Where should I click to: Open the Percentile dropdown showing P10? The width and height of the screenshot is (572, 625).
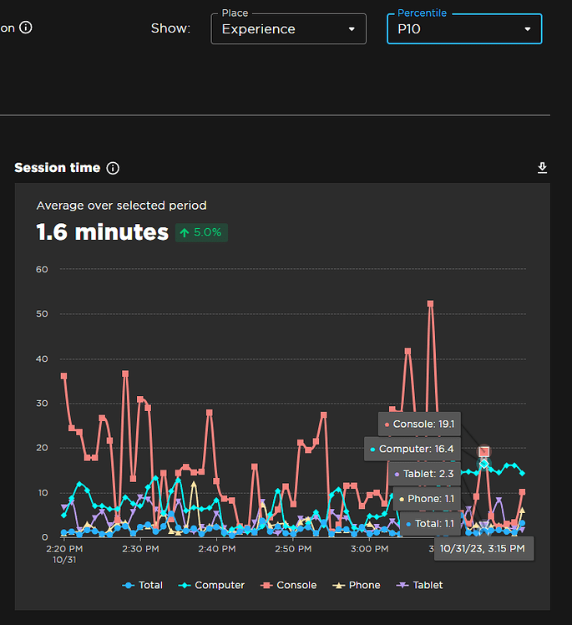[x=463, y=29]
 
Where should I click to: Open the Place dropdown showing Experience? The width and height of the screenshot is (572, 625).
[x=288, y=29]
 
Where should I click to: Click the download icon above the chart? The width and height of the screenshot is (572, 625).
[x=542, y=168]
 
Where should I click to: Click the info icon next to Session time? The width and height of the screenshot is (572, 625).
[x=114, y=168]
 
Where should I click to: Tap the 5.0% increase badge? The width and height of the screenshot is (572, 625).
[x=201, y=232]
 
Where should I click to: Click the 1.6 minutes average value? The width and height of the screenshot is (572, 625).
[x=102, y=231]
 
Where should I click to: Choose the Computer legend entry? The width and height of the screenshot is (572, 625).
[x=213, y=585]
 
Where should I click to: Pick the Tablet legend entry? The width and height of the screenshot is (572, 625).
[x=421, y=585]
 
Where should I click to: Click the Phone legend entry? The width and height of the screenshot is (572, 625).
[x=357, y=585]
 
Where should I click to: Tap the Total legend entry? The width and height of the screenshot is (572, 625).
[x=143, y=585]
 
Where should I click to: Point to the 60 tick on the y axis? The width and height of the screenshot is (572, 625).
[x=42, y=269]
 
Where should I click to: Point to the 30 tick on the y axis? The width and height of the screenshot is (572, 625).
[x=42, y=403]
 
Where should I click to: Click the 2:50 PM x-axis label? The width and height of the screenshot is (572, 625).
[x=294, y=549]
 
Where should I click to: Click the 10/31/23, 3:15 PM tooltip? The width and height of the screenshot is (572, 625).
[x=482, y=548]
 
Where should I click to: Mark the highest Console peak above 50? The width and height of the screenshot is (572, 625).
[x=431, y=304]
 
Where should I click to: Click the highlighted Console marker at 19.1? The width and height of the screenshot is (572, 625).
[x=483, y=451]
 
